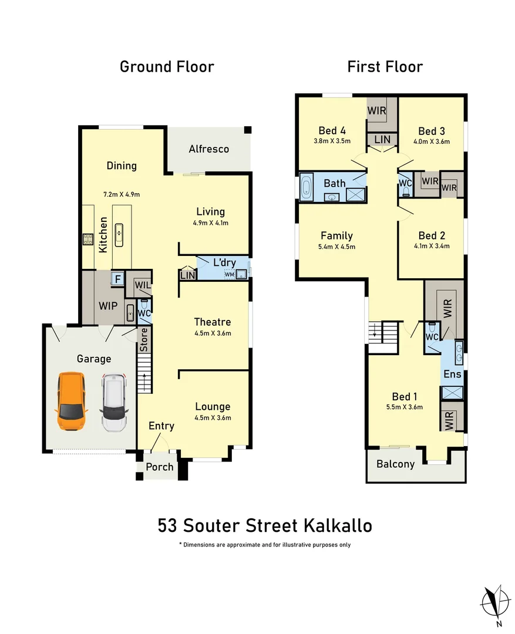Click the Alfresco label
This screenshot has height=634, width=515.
pos(208,149)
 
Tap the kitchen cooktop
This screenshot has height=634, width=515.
pos(88,239)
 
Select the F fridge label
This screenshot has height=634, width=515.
pos(117,279)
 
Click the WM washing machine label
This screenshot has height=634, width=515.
pos(228,274)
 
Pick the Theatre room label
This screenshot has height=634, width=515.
pos(213,322)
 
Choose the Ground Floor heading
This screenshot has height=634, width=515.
pos(167,67)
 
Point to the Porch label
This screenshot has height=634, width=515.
pos(160,467)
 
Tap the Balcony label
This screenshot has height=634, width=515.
pos(395,464)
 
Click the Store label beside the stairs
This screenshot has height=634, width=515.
pos(144,340)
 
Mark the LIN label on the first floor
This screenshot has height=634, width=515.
pos(382,139)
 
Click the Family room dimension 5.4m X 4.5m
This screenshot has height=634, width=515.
pos(336,247)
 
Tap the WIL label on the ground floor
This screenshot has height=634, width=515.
pos(142,286)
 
